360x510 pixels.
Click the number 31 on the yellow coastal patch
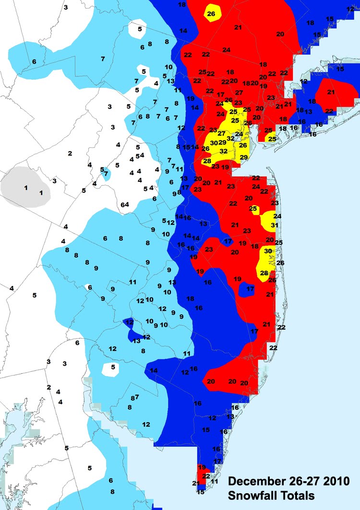[x=275, y=225]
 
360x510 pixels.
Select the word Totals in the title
[x=297, y=495]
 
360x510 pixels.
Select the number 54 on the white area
[x=140, y=155]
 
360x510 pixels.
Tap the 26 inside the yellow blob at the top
[x=211, y=14]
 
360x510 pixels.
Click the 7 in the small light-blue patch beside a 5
[x=106, y=173]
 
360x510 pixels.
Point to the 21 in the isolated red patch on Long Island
[x=331, y=92]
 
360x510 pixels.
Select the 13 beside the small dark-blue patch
[x=136, y=341]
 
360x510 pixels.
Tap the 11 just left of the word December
[x=215, y=481]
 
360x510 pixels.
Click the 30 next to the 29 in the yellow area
[x=214, y=142]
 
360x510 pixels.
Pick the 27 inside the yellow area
[x=221, y=133]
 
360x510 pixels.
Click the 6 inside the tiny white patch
[x=89, y=287]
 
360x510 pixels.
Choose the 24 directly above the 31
[x=277, y=216]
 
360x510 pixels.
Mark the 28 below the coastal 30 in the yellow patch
[x=264, y=273]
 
